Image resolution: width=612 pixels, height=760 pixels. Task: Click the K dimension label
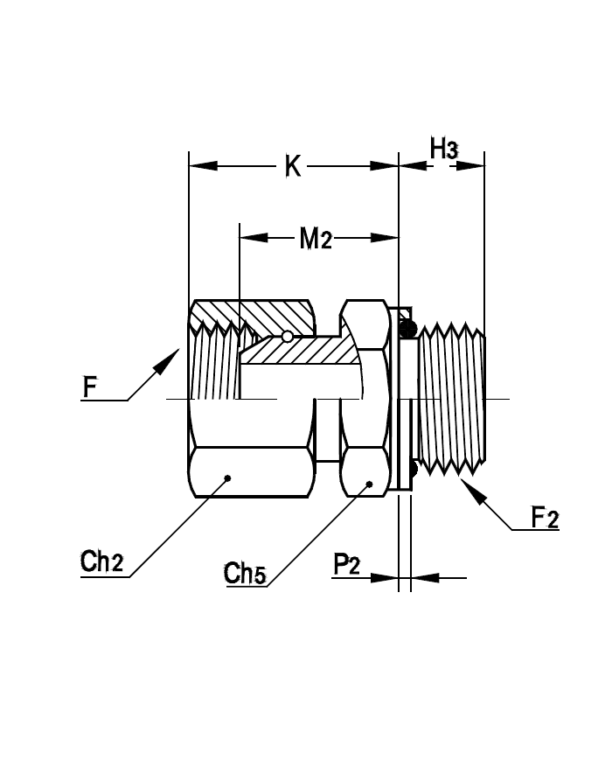(293, 166)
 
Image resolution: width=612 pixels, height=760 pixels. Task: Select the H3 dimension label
(443, 149)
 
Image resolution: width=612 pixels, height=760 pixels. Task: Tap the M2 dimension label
(316, 239)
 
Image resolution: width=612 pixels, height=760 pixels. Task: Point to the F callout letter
(90, 387)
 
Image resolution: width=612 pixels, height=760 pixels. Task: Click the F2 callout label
(546, 517)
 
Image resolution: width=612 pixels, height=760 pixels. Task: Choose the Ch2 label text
(101, 561)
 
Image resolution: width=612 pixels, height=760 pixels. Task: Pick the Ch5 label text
(245, 574)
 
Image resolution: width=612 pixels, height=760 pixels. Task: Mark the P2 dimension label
(346, 565)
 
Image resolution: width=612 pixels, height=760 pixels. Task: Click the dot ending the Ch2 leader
(227, 478)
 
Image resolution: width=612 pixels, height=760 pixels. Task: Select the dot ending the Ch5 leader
(369, 484)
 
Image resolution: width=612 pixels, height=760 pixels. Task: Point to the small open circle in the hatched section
(288, 336)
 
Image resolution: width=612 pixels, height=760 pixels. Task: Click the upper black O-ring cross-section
(408, 328)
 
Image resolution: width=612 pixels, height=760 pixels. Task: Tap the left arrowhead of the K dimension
(204, 166)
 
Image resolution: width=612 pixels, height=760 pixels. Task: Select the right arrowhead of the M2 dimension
(385, 238)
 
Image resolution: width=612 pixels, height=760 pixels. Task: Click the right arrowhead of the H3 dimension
(470, 166)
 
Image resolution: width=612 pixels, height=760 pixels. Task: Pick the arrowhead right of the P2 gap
(425, 578)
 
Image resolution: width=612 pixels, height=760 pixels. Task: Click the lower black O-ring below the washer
(414, 468)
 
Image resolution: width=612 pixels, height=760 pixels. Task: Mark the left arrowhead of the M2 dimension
(254, 238)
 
